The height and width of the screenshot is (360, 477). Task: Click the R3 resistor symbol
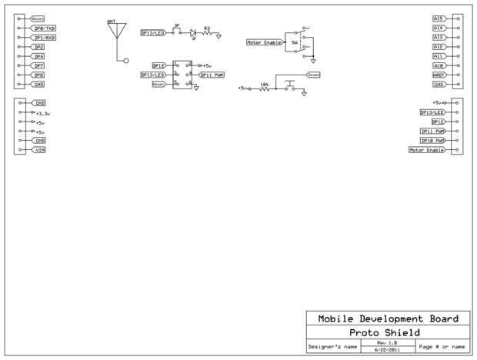tap(207, 34)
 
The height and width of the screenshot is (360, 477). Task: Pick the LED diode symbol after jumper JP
tap(193, 33)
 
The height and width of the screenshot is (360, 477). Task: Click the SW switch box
tap(294, 43)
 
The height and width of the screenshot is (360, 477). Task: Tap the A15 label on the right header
tap(439, 18)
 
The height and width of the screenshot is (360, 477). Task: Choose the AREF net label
tap(439, 75)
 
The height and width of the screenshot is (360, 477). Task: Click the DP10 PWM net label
tap(432, 141)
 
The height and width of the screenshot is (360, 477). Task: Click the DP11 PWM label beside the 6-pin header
tap(212, 75)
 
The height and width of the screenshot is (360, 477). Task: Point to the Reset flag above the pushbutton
tap(313, 75)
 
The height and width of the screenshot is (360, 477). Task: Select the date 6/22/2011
tap(387, 350)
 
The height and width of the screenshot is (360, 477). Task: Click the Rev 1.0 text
tap(387, 342)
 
